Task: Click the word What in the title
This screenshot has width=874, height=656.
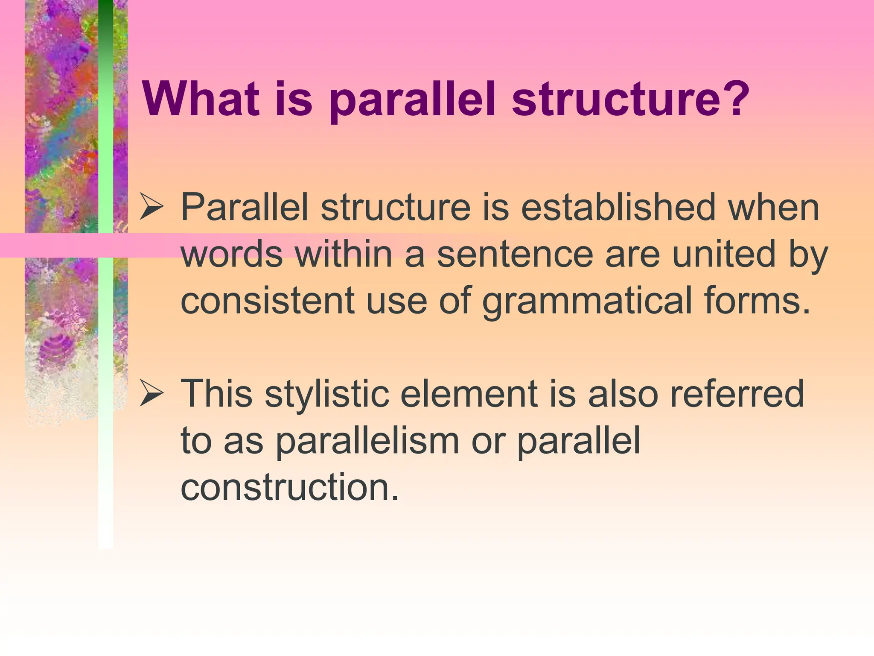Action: pos(201,99)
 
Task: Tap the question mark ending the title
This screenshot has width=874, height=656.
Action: pos(735,99)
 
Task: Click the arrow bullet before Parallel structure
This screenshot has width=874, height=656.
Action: pos(151,208)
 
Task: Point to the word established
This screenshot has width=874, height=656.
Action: pos(618,208)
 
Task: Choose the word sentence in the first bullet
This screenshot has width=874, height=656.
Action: pos(515,255)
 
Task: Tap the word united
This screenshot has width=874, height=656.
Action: pos(723,255)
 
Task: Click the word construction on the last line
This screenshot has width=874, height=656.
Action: pos(290,488)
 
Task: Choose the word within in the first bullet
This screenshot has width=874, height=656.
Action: pos(344,255)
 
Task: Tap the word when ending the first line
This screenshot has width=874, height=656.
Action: pos(773,208)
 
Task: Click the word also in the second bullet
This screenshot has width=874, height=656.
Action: pos(623,394)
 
